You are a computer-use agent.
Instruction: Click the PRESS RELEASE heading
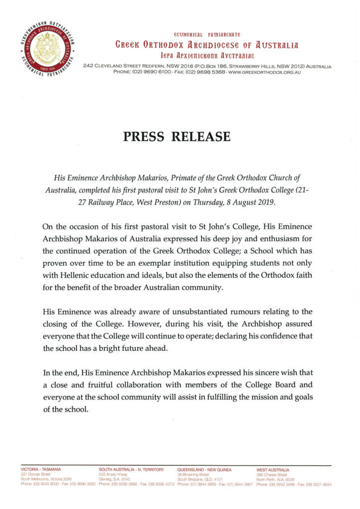coord(177,136)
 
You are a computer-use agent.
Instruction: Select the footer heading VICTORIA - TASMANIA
coord(41,469)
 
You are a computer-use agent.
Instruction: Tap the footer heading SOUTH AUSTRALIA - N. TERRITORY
coord(128,469)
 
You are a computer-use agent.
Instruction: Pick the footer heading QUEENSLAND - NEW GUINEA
coord(204,469)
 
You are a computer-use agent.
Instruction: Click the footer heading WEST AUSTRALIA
coord(273,469)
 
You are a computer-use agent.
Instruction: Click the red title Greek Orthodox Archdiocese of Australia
coord(207,45)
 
